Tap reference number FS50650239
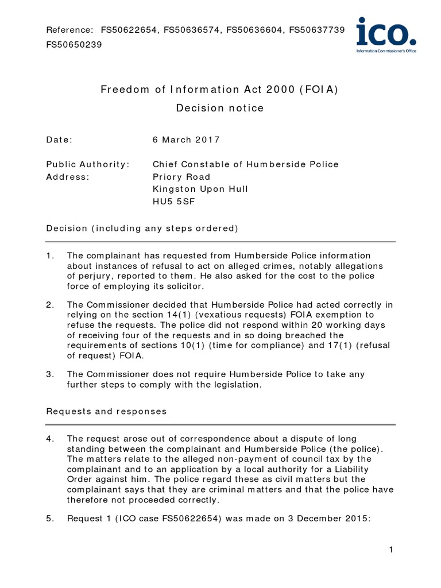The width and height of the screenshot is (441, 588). [74, 44]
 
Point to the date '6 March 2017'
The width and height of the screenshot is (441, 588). [186, 140]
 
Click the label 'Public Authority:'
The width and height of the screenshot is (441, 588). [88, 164]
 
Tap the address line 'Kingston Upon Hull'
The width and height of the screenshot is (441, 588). [200, 189]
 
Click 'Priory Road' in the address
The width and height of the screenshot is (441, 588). [181, 177]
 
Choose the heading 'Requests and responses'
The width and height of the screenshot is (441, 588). [106, 411]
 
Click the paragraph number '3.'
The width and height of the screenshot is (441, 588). [50, 374]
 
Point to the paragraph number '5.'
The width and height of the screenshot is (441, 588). [50, 519]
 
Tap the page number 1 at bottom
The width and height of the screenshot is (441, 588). [390, 550]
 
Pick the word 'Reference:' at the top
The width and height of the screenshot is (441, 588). [69, 29]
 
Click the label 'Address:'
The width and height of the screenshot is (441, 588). [68, 177]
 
